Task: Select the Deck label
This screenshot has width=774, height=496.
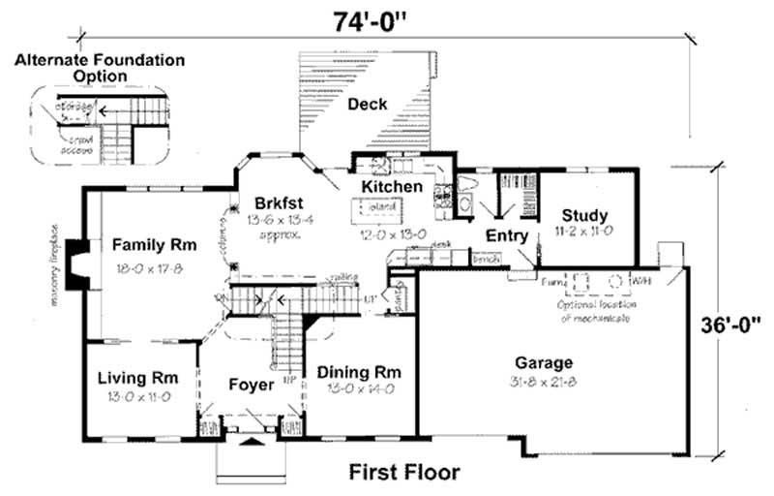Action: click(368, 104)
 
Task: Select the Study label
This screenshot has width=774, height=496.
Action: click(584, 215)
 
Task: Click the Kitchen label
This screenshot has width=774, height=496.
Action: click(392, 186)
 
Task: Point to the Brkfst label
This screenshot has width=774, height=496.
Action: click(280, 202)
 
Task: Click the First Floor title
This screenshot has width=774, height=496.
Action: click(403, 473)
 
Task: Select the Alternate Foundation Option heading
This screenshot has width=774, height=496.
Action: click(99, 68)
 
